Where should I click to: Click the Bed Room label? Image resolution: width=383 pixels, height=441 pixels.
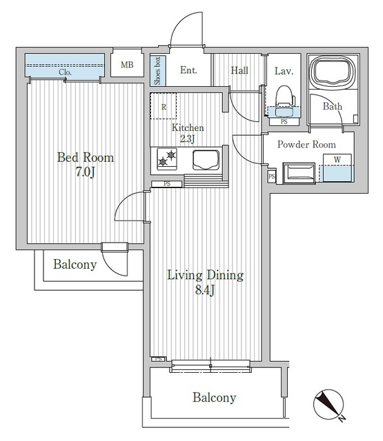85,164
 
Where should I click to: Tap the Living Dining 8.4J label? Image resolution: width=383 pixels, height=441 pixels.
206,282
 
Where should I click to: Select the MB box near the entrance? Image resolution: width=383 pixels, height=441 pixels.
128,66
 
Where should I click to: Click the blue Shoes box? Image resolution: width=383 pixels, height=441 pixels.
157,70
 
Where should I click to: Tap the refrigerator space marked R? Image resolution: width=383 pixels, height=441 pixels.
164,106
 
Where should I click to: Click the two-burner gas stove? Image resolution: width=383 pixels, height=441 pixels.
167,158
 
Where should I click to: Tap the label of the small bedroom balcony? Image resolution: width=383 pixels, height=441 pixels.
74,265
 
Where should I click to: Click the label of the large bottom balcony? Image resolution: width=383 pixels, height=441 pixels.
214,398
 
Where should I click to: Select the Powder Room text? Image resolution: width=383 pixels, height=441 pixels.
306,145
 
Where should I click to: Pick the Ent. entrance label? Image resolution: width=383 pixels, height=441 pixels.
188,70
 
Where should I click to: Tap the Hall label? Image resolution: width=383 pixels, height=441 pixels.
239,70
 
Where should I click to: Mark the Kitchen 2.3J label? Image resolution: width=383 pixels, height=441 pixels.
188,133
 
